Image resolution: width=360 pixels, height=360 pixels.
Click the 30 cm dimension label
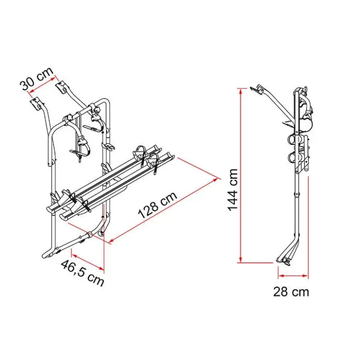click(x=37, y=79)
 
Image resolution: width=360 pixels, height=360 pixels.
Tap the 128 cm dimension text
click(x=158, y=205)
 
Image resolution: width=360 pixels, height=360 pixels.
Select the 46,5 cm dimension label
click(x=82, y=273)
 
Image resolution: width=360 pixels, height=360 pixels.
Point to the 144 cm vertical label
click(x=233, y=189)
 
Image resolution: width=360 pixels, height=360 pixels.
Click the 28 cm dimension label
click(x=291, y=292)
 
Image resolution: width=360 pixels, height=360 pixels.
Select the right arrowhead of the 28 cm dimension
click(x=305, y=276)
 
